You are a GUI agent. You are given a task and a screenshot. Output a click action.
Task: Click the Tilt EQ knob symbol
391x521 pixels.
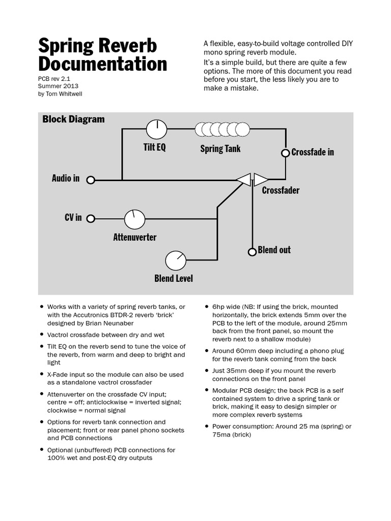pos(156,129)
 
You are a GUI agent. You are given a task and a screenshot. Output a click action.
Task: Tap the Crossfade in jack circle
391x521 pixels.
pos(285,153)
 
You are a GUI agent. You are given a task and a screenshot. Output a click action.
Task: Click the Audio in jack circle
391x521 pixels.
pos(91,180)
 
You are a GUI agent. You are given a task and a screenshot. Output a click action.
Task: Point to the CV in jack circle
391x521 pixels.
pos(91,219)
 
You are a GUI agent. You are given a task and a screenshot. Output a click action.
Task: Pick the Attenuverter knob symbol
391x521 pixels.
pos(135,219)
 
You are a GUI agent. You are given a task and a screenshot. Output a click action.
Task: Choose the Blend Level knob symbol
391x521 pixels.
pos(176,260)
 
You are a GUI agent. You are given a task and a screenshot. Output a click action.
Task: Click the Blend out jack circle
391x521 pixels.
pos(252,251)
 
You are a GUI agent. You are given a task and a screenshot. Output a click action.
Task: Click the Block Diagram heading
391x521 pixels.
pos(73,119)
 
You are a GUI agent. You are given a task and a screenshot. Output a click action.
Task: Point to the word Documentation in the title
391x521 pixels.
pos(102,65)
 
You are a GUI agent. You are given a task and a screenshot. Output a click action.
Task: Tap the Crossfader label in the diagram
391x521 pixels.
pos(281,190)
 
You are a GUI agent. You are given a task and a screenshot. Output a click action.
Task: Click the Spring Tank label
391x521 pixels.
pos(220,149)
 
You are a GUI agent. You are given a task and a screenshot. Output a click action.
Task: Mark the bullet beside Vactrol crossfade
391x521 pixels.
pos(41,335)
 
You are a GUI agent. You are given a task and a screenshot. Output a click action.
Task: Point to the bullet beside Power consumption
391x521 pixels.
pos(206,426)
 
